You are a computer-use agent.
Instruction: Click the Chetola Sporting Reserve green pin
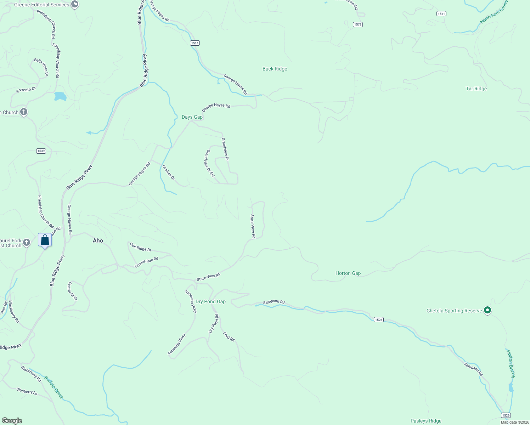click(x=487, y=310)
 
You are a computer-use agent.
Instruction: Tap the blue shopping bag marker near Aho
click(x=45, y=240)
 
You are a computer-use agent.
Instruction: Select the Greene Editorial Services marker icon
click(x=74, y=4)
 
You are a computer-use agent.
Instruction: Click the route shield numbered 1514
click(x=194, y=43)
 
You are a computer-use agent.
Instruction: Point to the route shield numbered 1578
click(x=358, y=24)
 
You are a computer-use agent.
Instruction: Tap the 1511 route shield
click(x=441, y=13)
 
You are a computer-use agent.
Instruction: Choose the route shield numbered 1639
click(x=41, y=151)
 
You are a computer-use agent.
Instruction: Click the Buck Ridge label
click(x=275, y=69)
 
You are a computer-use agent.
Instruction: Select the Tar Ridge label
click(x=476, y=89)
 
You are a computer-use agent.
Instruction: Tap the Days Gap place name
click(x=192, y=117)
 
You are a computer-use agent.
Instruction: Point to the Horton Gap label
click(x=348, y=273)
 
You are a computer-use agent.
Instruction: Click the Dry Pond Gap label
click(x=210, y=301)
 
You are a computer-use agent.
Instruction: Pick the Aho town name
click(x=98, y=240)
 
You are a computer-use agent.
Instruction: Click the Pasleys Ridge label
click(x=426, y=421)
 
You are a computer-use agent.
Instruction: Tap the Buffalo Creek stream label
click(x=54, y=388)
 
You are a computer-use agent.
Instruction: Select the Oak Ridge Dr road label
click(x=140, y=247)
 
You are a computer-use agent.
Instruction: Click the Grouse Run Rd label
click(x=146, y=262)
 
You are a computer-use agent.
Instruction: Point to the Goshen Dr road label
click(x=168, y=172)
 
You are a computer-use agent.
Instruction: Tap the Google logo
click(x=12, y=421)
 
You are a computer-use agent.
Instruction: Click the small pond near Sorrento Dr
click(x=60, y=96)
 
